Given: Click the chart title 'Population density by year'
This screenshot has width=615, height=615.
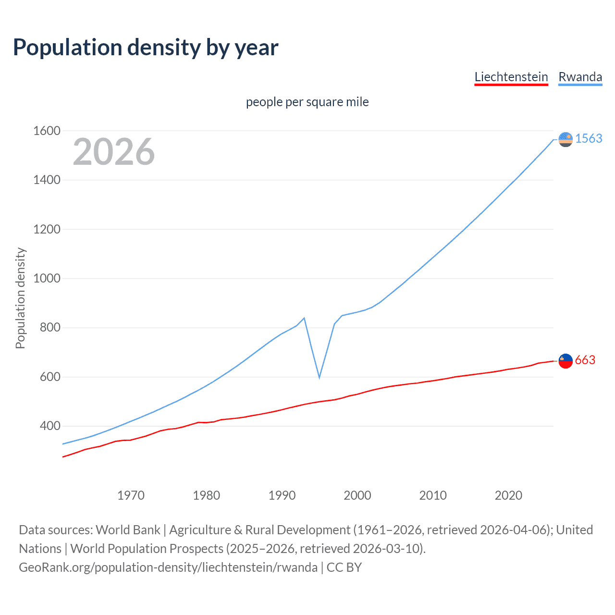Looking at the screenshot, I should click(x=146, y=48).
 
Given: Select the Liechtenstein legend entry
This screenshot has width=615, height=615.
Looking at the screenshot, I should click(x=511, y=77).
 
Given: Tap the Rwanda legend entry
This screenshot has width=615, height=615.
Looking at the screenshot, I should click(x=580, y=77).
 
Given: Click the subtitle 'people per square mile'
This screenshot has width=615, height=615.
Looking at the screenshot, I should click(x=307, y=102).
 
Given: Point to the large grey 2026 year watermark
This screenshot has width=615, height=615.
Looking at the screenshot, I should click(x=114, y=152).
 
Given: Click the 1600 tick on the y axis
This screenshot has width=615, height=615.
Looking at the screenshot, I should click(x=47, y=131).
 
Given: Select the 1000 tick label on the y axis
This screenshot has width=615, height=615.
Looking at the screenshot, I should click(x=47, y=278).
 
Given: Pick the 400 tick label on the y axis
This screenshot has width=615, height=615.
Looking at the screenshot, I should click(x=50, y=426).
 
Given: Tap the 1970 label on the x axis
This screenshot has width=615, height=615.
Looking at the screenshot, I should click(x=131, y=495).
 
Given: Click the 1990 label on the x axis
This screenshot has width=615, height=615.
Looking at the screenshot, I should click(x=282, y=495).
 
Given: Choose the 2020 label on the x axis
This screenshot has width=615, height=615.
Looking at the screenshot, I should click(x=508, y=495).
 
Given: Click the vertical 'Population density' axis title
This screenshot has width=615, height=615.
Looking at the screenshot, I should click(x=20, y=298).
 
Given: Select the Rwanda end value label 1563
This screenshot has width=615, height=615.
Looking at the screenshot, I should click(x=589, y=138).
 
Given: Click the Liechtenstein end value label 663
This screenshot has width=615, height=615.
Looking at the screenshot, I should click(x=585, y=360).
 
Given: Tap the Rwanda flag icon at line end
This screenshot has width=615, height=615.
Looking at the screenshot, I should click(x=566, y=139).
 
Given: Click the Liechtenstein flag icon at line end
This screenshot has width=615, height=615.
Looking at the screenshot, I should click(x=566, y=361).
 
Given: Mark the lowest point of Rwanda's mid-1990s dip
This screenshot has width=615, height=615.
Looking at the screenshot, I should click(x=319, y=378).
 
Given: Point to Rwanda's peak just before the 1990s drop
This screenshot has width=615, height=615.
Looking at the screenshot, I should click(x=304, y=318).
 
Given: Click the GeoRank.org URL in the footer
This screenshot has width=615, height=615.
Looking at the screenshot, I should click(x=168, y=567).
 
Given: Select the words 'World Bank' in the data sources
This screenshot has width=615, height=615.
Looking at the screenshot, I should click(x=128, y=530).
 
